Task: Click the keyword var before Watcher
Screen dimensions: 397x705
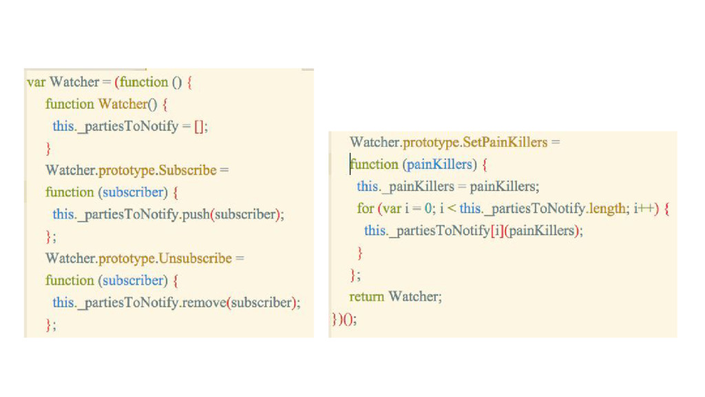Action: [x=36, y=82]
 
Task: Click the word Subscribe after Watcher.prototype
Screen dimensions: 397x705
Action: [x=187, y=170]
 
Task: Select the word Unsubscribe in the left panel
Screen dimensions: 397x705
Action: [x=195, y=258]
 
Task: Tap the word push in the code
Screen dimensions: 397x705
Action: [x=196, y=214]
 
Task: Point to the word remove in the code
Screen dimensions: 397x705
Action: [x=204, y=303]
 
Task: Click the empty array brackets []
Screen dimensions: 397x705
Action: [x=200, y=126]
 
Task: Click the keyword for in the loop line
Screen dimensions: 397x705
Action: [x=365, y=208]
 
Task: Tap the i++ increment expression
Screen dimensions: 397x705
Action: [x=646, y=208]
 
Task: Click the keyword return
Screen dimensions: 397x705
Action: [x=366, y=296]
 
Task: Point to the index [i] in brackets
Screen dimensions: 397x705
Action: [x=496, y=230]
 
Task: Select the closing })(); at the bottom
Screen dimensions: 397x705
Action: [x=344, y=319]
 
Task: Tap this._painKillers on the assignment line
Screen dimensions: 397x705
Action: [x=406, y=186]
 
